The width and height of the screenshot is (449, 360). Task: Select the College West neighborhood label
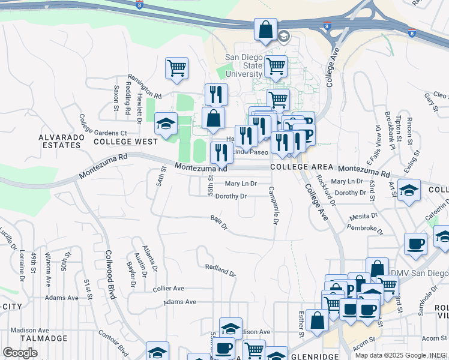tap(125, 142)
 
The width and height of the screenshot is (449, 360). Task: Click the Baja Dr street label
tap(219, 223)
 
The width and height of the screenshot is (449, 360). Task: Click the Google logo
tap(20, 353)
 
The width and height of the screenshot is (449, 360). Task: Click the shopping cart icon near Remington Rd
tap(177, 68)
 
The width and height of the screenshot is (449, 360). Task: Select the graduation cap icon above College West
tap(166, 124)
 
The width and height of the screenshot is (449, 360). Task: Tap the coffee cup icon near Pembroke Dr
tap(415, 244)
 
